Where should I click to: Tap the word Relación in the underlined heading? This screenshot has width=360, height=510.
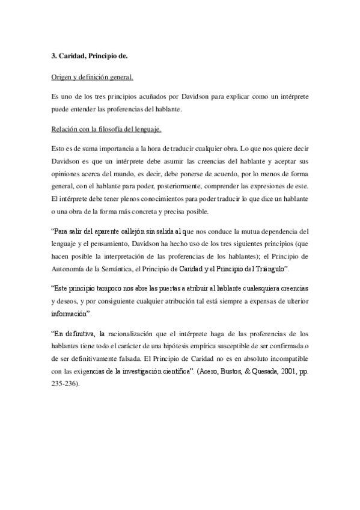point(65,128)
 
